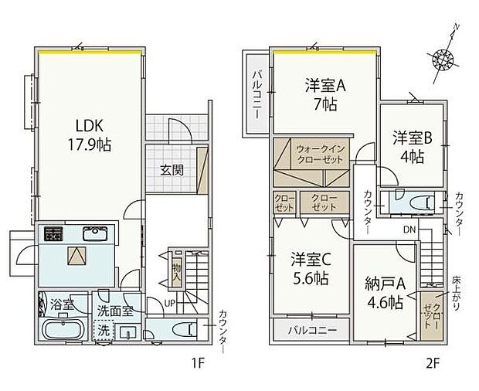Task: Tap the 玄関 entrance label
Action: [172, 170]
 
